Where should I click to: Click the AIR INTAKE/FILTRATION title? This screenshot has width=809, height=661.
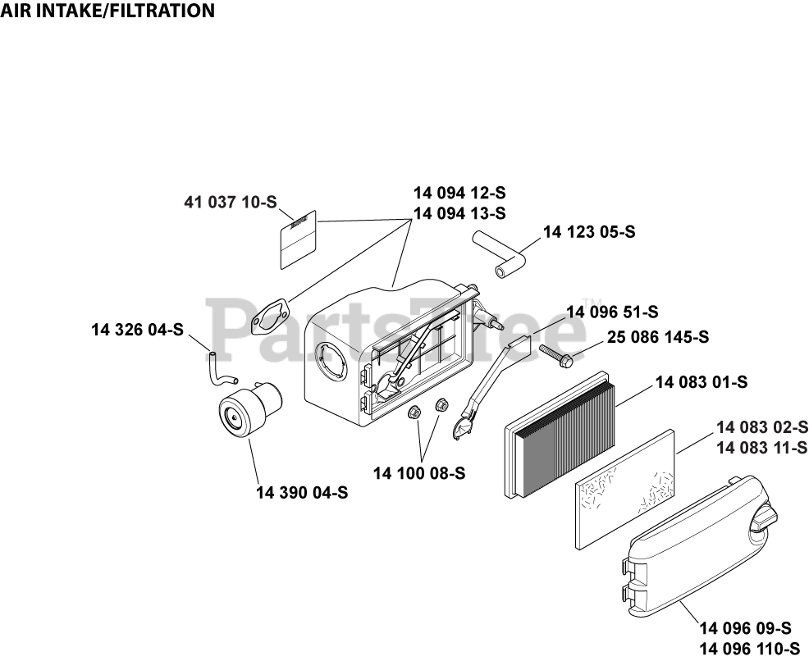coord(107,11)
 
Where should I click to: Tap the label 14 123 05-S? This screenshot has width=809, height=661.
coord(589,232)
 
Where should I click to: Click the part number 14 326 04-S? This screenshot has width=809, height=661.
coord(137,330)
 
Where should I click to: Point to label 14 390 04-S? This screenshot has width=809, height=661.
coord(302,493)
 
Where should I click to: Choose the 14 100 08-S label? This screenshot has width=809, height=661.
coord(419,473)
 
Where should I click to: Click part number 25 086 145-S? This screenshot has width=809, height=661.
coord(658,337)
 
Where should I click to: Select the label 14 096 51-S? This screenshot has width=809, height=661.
coord(612,312)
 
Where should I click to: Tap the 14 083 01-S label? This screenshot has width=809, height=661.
coord(701,382)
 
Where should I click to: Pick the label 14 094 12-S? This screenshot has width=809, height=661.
coord(459,194)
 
